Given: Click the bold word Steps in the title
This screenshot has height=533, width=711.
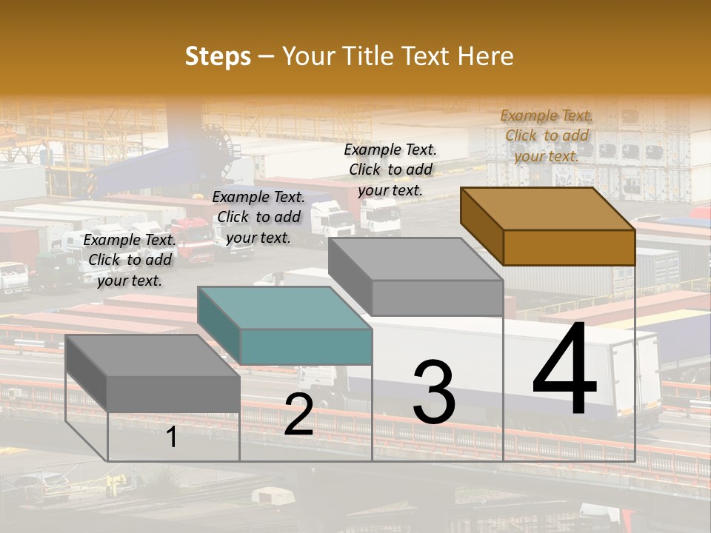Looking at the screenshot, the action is pos(218,56).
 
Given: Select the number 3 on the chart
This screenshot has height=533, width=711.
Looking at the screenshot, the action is pos(433,392).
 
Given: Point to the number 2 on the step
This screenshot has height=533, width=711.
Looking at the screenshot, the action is pos(298,415).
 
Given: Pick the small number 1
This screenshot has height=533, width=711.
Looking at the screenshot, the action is pos(171,438).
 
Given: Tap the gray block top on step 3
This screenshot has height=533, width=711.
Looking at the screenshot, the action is pos(415,259).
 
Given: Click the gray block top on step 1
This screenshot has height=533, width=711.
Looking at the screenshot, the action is pos(153,355).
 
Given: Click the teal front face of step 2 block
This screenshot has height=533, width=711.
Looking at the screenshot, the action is pos(306,346).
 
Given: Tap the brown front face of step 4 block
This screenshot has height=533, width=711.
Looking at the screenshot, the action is pos(569,247).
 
